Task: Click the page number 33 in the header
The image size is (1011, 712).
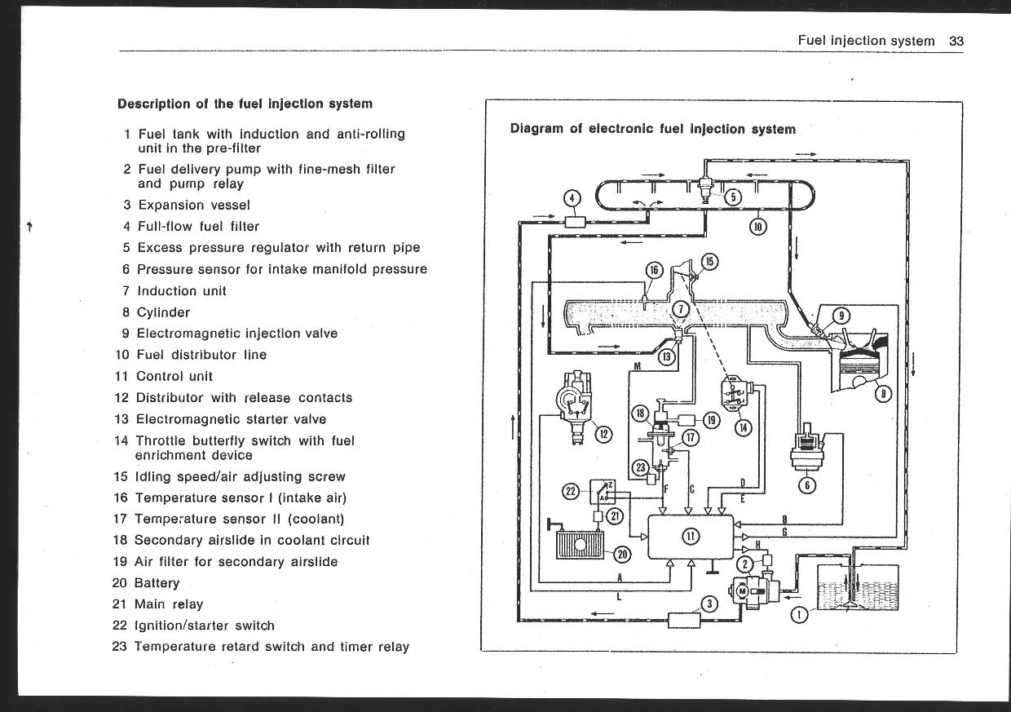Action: pos(956,41)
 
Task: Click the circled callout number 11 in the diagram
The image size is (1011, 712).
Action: pos(691,537)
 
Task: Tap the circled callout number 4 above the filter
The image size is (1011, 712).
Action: pos(572,197)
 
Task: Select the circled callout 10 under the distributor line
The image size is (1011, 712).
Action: pos(757,226)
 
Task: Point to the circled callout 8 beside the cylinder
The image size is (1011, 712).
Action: pos(883,394)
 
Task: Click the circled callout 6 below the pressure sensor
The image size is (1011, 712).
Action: pos(807,485)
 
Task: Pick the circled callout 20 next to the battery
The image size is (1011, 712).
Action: pos(622,555)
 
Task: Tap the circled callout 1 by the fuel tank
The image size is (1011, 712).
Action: pos(799,614)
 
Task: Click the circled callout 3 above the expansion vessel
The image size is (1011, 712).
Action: pos(709,604)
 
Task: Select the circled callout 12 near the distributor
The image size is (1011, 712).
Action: pos(603,435)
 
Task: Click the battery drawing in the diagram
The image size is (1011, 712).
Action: pos(579,544)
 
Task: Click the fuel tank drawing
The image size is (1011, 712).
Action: pos(858,586)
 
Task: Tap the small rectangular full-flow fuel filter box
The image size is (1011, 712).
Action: pos(575,222)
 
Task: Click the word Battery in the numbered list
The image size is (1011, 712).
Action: pos(157,583)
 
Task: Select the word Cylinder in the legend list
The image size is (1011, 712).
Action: pos(163,312)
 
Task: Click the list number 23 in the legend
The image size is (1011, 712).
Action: pos(120,647)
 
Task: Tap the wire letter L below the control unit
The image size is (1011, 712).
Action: pos(619,597)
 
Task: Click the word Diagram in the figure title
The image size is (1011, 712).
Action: pos(536,129)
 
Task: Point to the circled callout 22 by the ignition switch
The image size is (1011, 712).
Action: pos(571,491)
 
